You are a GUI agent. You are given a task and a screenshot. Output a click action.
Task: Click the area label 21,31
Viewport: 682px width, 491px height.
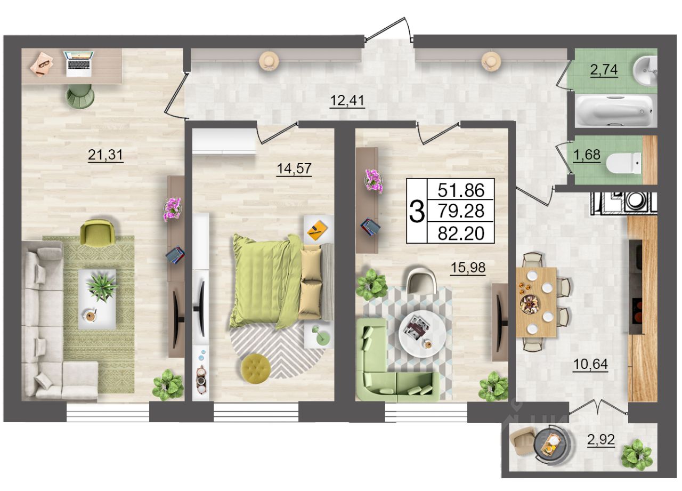point(105,155)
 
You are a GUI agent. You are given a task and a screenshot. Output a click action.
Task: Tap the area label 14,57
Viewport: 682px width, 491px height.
point(294,168)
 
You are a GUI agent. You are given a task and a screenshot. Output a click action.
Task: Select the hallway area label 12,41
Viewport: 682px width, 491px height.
point(347,100)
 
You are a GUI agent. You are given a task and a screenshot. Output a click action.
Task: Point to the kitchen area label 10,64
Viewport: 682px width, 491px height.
point(590,364)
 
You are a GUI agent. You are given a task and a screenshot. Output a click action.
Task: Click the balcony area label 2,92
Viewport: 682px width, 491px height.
point(601,439)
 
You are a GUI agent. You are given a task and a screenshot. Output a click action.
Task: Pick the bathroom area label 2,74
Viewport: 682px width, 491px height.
point(604,70)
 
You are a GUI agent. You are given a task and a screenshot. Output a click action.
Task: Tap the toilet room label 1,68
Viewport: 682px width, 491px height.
point(587,155)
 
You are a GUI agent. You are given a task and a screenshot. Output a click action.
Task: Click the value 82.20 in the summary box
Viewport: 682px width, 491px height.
point(461,234)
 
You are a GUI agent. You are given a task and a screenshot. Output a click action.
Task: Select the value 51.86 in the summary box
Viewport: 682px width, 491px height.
point(461,190)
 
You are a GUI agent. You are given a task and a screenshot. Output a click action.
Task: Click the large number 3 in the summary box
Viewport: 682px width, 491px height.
point(417,212)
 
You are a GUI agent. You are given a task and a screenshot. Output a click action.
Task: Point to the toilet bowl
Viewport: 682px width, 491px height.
point(623,163)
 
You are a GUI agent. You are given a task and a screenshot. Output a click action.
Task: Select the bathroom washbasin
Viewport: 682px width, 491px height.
point(645,71)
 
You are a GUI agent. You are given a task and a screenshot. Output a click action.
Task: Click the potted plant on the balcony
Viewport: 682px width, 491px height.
point(637,454)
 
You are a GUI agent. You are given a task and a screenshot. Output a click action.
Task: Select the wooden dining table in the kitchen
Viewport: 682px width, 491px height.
point(536,302)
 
